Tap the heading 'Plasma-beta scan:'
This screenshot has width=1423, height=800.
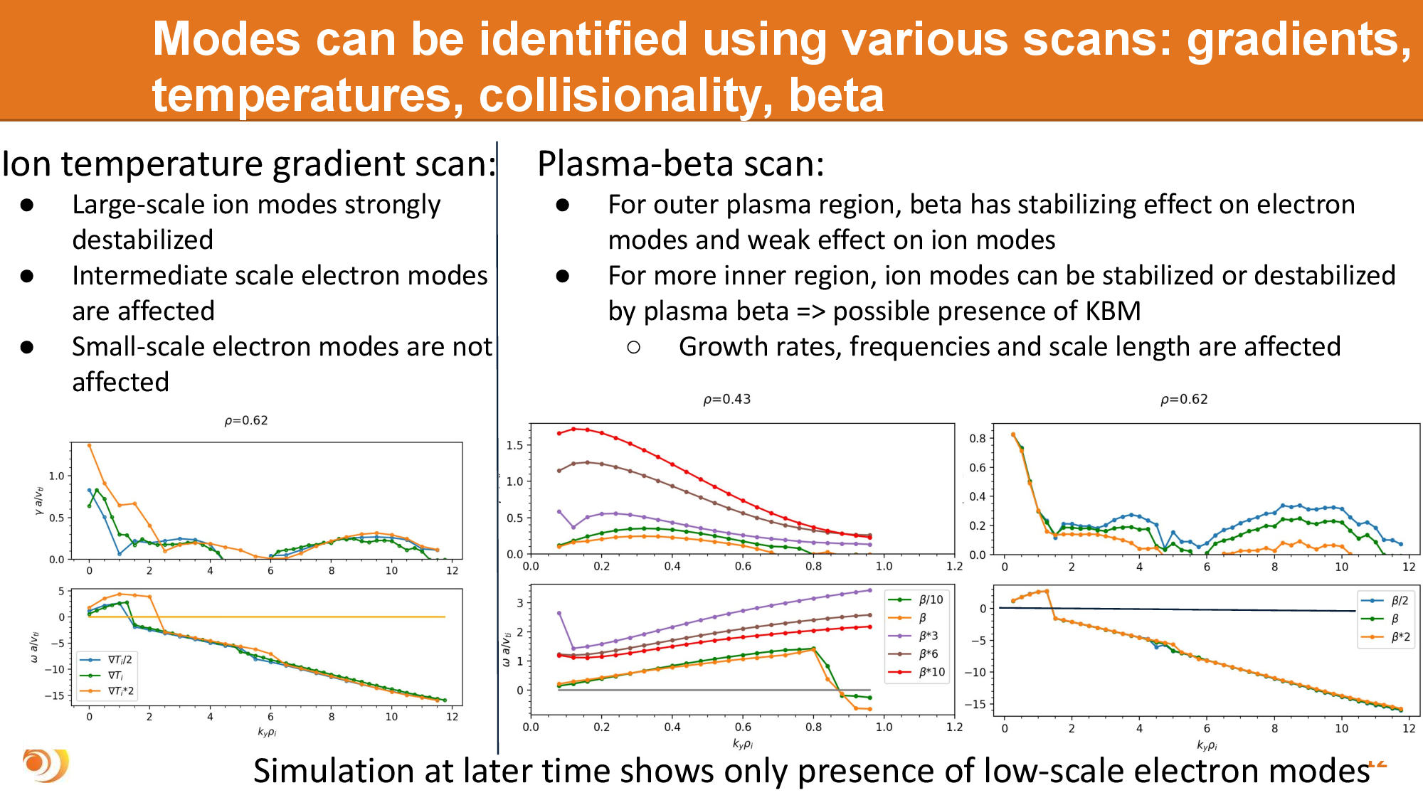tap(680, 164)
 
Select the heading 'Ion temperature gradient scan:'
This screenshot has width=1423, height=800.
tap(248, 164)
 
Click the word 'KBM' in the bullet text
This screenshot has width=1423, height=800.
tap(1113, 311)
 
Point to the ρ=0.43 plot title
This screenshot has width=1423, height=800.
tap(726, 399)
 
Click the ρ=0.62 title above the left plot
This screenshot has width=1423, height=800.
tap(246, 420)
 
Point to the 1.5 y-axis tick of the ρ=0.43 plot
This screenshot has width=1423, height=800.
tap(514, 445)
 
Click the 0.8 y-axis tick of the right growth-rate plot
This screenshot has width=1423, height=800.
tap(978, 438)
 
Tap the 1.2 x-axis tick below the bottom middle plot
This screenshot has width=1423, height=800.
tap(954, 727)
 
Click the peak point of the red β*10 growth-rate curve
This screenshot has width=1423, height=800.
tap(573, 429)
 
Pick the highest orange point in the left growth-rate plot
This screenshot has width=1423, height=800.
tap(89, 445)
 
